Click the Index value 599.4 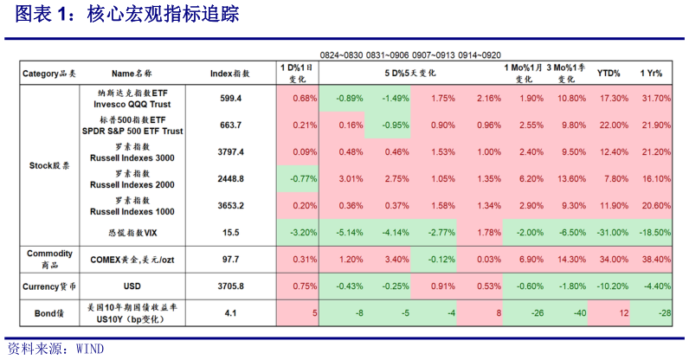coord(230,98)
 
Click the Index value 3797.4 coord(230,152)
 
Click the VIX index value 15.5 coord(230,233)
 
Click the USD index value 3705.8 coord(230,286)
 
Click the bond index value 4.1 coord(230,312)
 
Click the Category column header coord(48,74)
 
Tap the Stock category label coord(48,164)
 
